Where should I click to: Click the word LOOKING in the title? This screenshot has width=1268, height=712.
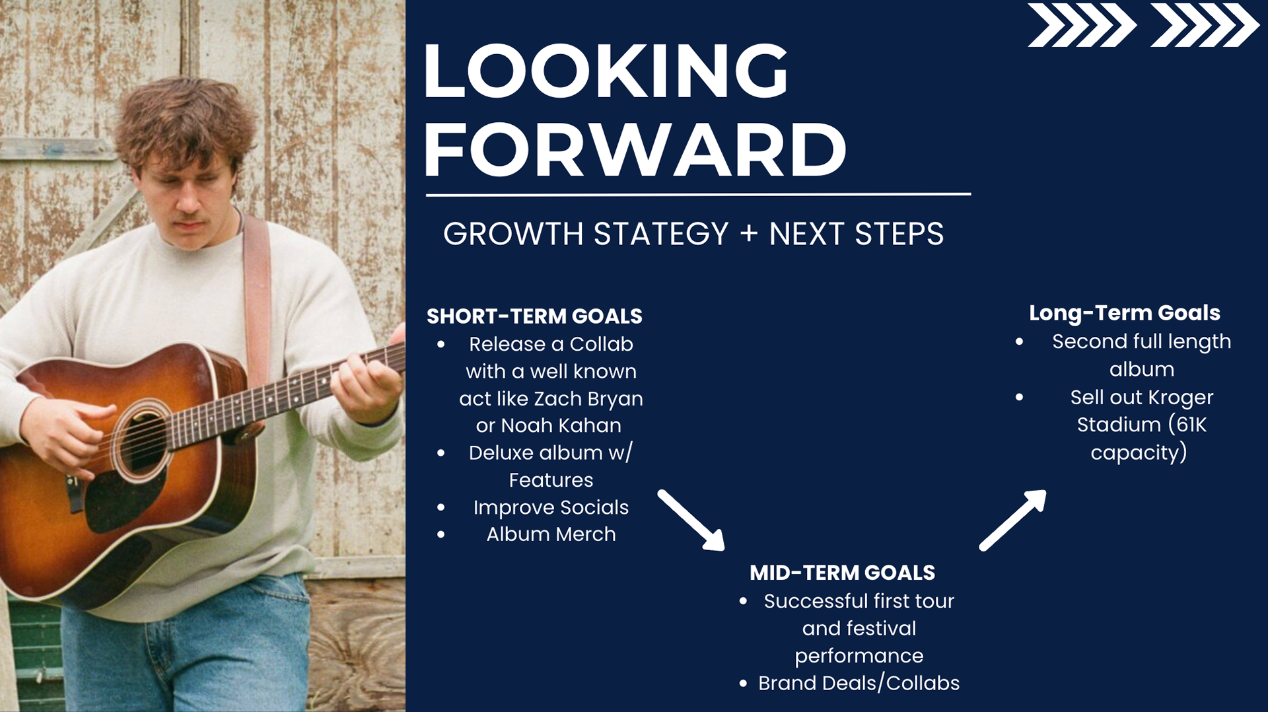[606, 71]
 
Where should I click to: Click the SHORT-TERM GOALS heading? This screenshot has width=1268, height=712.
[534, 316]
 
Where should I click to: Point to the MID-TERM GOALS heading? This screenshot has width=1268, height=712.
[842, 573]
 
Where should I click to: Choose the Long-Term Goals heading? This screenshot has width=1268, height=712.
[1124, 313]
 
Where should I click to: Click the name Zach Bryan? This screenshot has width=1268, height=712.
[588, 399]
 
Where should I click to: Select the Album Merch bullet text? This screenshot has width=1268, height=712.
[551, 534]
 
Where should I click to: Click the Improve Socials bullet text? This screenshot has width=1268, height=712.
[551, 507]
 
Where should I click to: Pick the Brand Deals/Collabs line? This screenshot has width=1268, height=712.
[859, 683]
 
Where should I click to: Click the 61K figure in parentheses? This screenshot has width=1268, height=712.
[1190, 425]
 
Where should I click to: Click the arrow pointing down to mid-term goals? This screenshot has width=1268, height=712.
[691, 520]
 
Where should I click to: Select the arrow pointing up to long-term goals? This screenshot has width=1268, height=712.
[1012, 520]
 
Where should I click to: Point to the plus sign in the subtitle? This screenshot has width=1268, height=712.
[748, 234]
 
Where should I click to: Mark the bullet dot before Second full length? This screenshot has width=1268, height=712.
[1020, 342]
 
